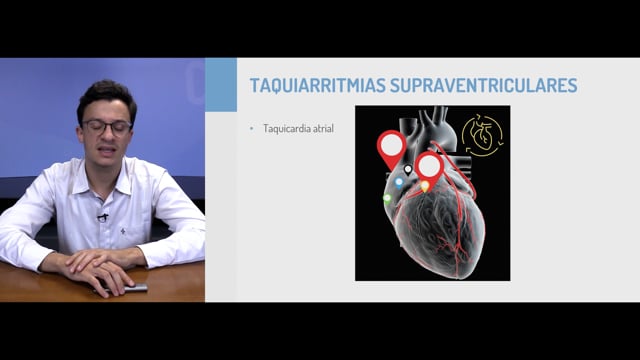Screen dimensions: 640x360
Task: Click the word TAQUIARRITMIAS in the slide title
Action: (318, 86)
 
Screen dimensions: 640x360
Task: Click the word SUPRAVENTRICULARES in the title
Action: (484, 85)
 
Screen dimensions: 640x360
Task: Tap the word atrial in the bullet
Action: (323, 129)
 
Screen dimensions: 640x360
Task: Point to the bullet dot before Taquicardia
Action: (251, 129)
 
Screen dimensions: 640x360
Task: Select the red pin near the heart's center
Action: (429, 168)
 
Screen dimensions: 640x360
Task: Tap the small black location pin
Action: (408, 169)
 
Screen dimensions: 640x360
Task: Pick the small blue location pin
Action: (399, 182)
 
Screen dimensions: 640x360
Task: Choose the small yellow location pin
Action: (425, 186)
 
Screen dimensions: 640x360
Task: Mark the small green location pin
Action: (387, 199)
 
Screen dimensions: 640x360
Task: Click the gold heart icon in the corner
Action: (482, 136)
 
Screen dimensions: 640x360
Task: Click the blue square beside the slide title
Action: (221, 84)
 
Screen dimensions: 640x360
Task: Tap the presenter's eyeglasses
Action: (107, 127)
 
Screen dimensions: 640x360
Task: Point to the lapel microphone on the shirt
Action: (102, 217)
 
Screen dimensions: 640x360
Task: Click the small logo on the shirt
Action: (123, 231)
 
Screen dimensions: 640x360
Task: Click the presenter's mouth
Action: (108, 150)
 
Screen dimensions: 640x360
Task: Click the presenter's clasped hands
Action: (100, 269)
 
